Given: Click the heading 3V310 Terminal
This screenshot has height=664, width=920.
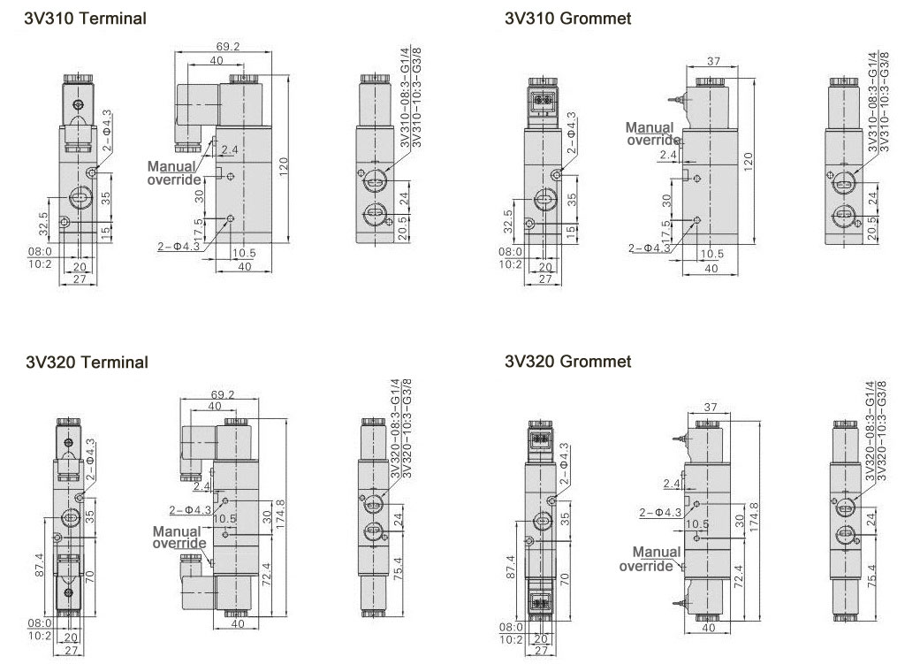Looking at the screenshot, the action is pyautogui.click(x=85, y=19).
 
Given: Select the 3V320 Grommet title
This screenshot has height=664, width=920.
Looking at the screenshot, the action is pyautogui.click(x=568, y=361).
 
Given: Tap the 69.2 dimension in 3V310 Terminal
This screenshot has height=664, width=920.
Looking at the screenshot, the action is pyautogui.click(x=228, y=46).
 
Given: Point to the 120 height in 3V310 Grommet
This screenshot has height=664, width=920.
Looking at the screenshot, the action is pyautogui.click(x=748, y=162).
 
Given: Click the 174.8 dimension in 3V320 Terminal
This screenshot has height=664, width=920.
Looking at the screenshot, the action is pyautogui.click(x=280, y=515).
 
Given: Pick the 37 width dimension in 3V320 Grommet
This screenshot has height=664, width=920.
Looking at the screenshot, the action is pyautogui.click(x=711, y=406).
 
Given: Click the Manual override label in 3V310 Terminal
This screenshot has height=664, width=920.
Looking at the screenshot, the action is pyautogui.click(x=174, y=173).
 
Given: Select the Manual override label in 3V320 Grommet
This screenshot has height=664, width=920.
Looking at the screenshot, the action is pyautogui.click(x=650, y=559).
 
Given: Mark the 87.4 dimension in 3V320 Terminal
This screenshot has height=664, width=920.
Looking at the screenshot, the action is pyautogui.click(x=39, y=565).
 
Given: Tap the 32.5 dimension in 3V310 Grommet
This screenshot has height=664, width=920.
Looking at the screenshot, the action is pyautogui.click(x=508, y=221).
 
